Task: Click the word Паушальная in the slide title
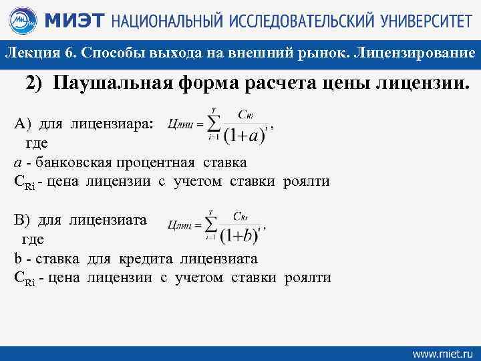click(120, 84)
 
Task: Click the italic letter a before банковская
click(17, 162)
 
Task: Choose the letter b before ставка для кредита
click(17, 259)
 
